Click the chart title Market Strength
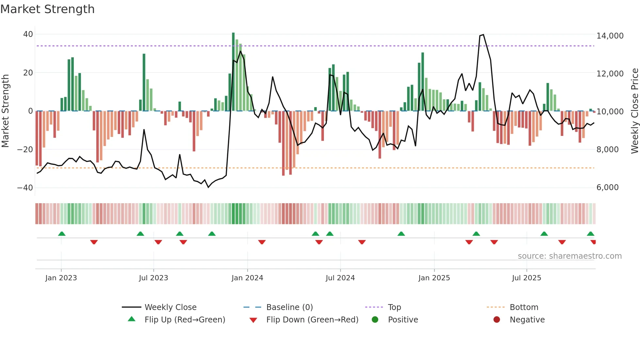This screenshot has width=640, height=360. point(47,9)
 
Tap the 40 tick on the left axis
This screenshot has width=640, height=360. point(28,34)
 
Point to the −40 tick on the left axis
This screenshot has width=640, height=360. point(25,188)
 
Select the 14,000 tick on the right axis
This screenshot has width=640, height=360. point(610,36)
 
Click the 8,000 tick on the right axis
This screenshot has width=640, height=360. point(607,150)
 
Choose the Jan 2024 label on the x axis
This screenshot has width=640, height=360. point(247,278)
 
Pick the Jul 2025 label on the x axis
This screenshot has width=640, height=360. point(526,278)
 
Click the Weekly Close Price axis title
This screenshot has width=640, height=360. point(634,111)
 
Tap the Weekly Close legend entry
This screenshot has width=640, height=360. point(170,307)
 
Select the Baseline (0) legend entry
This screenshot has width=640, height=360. point(289,307)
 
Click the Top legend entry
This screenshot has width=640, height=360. point(394,307)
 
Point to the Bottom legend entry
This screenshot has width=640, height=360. point(524,307)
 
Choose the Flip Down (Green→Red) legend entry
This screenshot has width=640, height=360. point(312,320)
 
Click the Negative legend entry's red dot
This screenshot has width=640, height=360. point(497,320)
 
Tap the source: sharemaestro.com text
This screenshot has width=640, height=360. point(569,256)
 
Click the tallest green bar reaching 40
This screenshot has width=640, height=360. point(233,72)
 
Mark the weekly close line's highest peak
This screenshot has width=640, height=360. point(483,35)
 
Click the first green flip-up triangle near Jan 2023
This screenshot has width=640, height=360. point(62,234)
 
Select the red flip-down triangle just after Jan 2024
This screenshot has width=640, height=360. point(262,242)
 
